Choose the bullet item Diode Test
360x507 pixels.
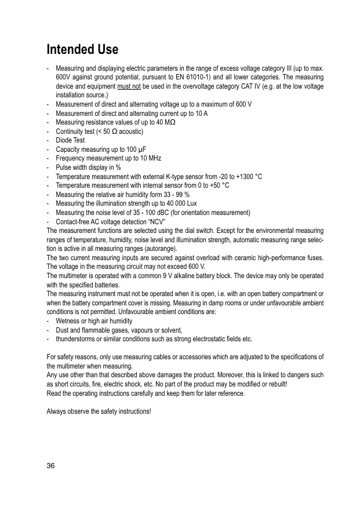point(70,140)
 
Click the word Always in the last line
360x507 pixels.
point(57,411)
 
